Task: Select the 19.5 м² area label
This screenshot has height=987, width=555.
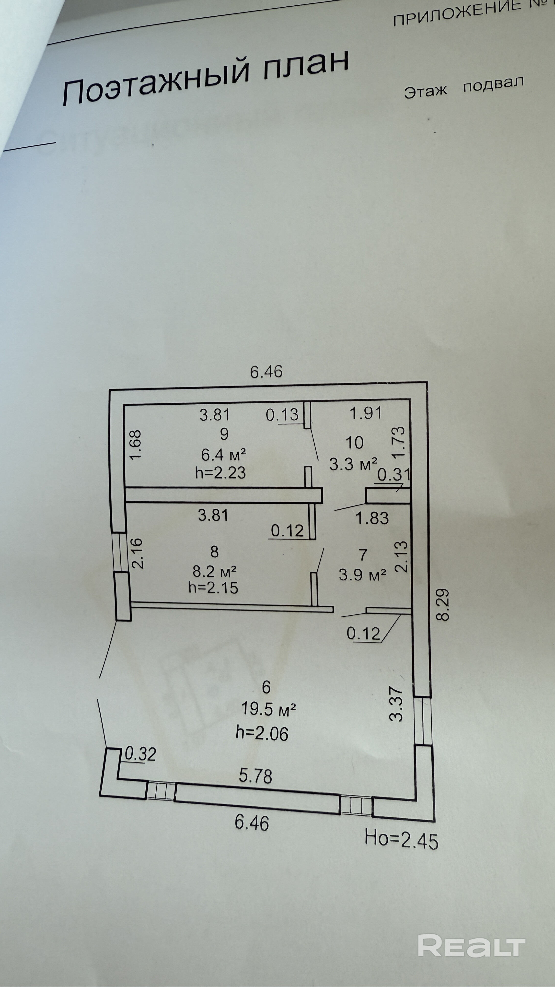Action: click(268, 710)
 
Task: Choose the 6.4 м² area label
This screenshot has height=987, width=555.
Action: click(223, 455)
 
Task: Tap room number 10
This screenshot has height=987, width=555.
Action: click(354, 443)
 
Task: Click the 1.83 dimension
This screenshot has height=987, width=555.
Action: click(372, 518)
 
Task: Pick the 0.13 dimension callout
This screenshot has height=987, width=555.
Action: click(282, 415)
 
